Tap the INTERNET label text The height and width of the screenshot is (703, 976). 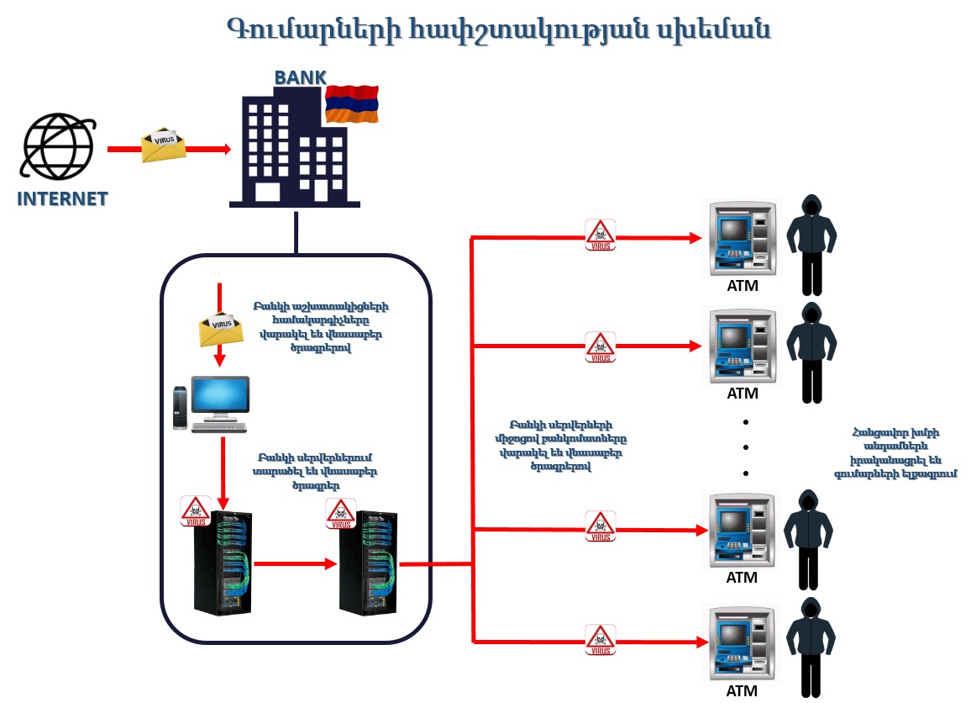tap(62, 199)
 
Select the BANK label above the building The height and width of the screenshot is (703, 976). tap(300, 78)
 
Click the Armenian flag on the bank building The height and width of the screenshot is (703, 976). tap(351, 103)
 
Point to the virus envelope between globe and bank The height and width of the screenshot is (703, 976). tap(162, 145)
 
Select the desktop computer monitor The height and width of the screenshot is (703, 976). tap(220, 398)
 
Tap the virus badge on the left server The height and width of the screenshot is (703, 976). tap(195, 511)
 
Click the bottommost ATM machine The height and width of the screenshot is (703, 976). tap(739, 643)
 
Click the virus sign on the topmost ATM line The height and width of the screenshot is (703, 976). tap(600, 235)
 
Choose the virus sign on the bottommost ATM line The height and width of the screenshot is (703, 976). tap(600, 640)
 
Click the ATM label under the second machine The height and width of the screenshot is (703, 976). tap(742, 393)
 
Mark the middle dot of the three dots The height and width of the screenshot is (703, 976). tap(745, 447)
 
